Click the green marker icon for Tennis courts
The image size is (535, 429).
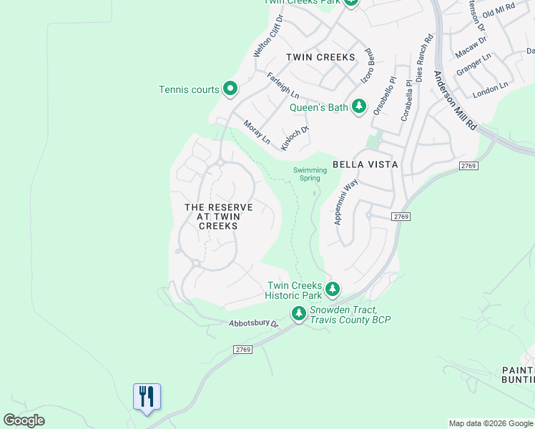pos(230,89)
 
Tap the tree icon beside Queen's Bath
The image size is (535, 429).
pos(359,107)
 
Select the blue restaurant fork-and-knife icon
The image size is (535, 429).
pos(147,396)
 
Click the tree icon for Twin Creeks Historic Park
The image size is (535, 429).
pos(332,290)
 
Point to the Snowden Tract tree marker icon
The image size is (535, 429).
pos(298,313)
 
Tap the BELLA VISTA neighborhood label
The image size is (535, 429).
pos(365,164)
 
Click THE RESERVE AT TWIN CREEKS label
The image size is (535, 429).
pos(218,216)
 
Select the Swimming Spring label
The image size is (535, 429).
pos(310,174)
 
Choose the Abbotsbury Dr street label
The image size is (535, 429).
pos(253,323)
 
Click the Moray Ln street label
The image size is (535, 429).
pos(257,132)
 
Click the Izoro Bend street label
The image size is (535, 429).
pos(368,66)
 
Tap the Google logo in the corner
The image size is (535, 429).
pos(24,420)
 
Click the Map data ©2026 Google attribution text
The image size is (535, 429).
pos(491,423)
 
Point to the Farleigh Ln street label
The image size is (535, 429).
pos(283,85)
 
